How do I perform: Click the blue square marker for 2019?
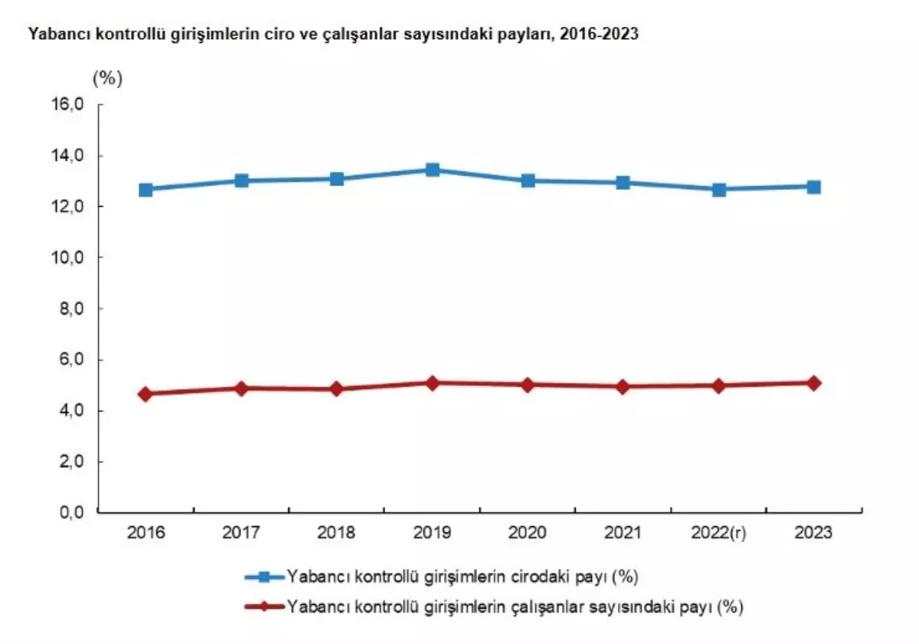tap(432, 169)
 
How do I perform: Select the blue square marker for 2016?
tap(146, 189)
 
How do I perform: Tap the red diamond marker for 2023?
tap(813, 383)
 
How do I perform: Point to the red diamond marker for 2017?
tap(241, 388)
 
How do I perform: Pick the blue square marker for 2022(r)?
tap(718, 189)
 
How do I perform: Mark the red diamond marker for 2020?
tap(528, 384)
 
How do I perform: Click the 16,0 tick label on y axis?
tap(67, 105)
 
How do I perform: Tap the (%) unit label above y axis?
tap(107, 77)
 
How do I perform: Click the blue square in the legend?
tap(263, 575)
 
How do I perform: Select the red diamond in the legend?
tap(263, 606)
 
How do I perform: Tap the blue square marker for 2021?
tap(623, 182)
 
